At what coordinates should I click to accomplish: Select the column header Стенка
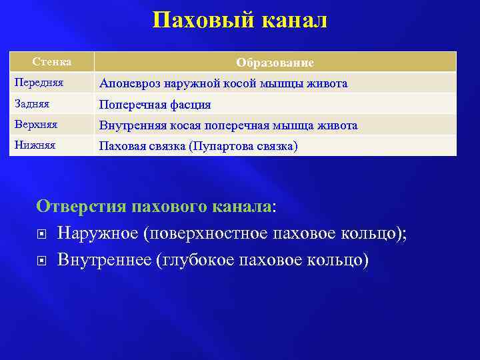[53, 62]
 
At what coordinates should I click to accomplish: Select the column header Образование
[275, 63]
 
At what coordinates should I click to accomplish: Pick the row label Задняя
[31, 103]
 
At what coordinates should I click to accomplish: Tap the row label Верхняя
[33, 125]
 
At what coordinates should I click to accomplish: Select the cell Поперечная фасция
[155, 105]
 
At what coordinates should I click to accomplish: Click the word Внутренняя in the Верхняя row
[131, 125]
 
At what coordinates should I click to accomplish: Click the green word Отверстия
[81, 206]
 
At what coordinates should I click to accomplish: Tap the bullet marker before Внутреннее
[42, 259]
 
